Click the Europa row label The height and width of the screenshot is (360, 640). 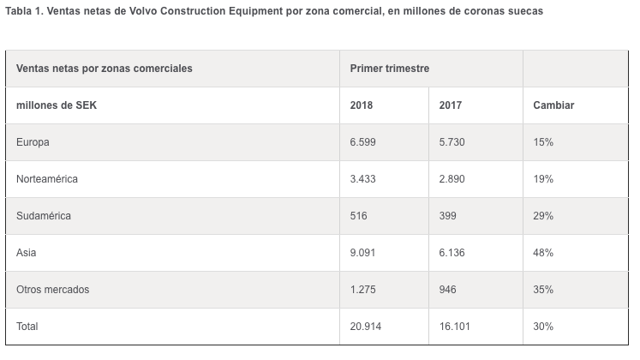click(x=33, y=142)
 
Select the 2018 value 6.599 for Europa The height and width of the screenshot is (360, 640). click(x=363, y=142)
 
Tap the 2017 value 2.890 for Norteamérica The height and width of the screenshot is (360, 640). click(x=452, y=179)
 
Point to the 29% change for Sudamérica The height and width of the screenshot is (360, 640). click(x=543, y=216)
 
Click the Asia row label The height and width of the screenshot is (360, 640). click(x=27, y=253)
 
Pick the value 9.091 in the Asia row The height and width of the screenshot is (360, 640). click(x=363, y=253)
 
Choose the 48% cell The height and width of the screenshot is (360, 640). click(x=543, y=253)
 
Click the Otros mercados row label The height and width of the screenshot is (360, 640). click(x=52, y=290)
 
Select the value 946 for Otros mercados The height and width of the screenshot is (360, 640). click(x=448, y=290)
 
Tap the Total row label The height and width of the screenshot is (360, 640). click(x=27, y=327)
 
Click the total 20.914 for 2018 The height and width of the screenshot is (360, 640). click(x=367, y=327)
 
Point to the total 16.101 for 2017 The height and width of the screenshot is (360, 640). click(x=455, y=327)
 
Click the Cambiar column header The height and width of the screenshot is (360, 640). click(x=553, y=105)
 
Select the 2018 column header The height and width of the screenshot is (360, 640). click(x=362, y=105)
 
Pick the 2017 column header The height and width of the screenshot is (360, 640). click(x=451, y=105)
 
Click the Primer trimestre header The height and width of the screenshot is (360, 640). click(x=390, y=68)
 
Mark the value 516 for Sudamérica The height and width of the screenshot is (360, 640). click(x=359, y=216)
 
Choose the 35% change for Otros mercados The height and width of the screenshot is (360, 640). click(x=543, y=290)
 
